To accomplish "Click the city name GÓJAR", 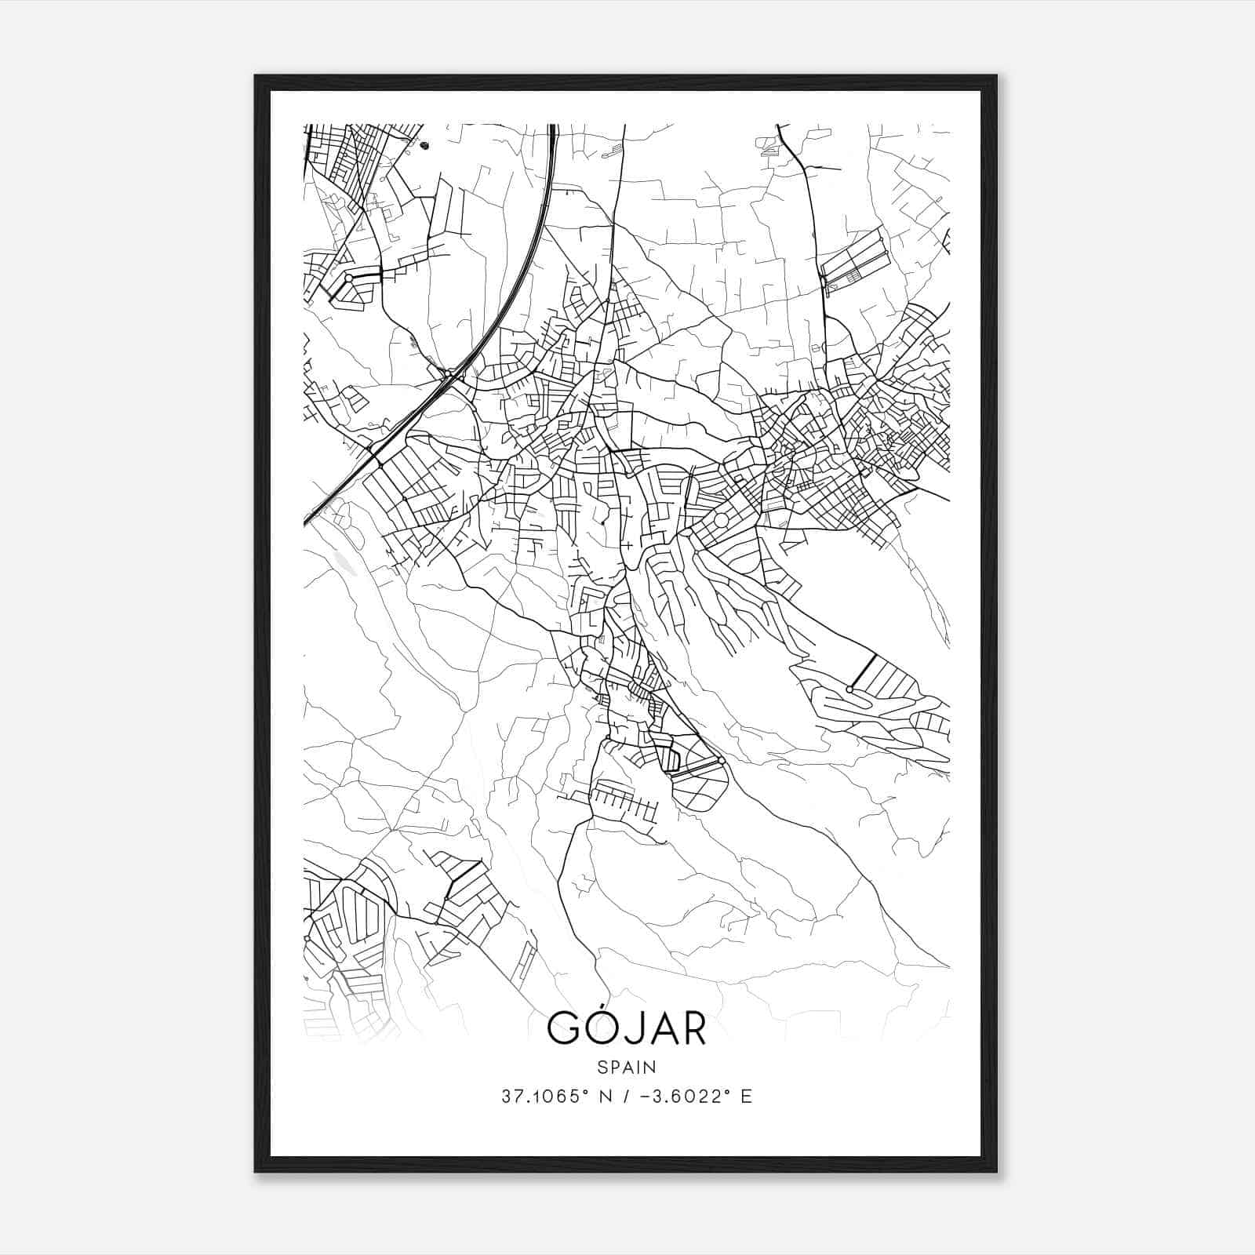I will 626,1028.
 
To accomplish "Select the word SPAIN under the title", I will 626,1067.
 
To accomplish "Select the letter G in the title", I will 562,1028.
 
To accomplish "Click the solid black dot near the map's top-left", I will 425,145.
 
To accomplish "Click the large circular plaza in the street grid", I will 721,520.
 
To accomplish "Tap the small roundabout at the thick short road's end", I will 849,689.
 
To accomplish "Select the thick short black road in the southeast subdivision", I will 863,671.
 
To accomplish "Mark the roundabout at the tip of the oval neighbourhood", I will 721,759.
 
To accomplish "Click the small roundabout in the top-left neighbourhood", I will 348,278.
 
